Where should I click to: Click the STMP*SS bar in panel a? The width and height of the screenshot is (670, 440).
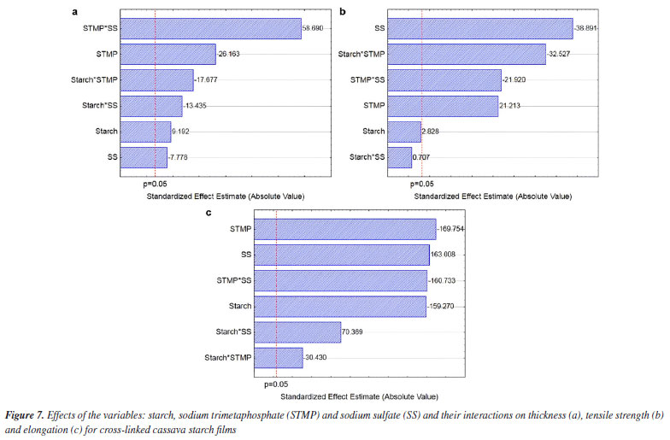pos(211,29)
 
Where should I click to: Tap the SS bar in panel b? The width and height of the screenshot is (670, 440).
pos(479,29)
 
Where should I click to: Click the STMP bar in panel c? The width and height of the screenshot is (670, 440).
pos(345,229)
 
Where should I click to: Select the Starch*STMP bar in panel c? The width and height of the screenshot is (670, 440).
pos(279,357)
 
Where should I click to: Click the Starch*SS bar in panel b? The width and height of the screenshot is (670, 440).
pos(399,157)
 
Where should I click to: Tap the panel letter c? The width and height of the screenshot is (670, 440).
pos(210,210)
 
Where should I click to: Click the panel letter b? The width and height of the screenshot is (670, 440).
pos(343,11)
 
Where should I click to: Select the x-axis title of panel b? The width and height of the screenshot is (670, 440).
pos(492,197)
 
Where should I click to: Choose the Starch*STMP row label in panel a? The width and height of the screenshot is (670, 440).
pos(95,80)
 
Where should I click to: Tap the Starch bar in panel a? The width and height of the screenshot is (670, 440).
pos(145,132)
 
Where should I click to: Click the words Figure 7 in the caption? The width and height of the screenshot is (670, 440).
pos(26,414)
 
